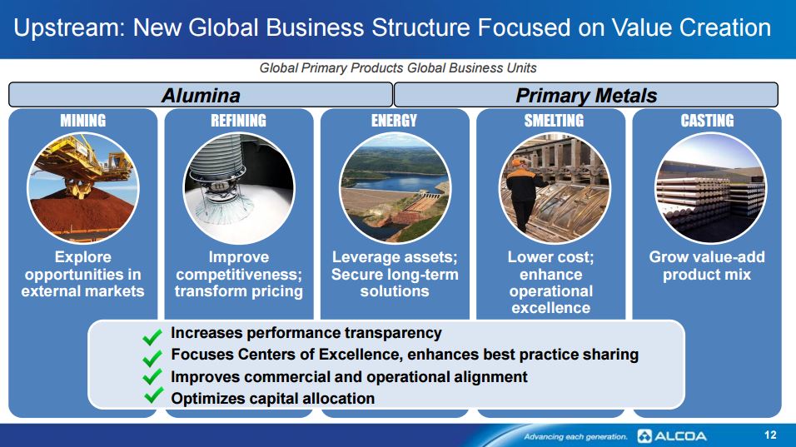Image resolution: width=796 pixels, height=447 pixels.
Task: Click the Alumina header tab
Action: (201, 95)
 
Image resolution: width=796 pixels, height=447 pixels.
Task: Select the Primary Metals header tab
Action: (586, 95)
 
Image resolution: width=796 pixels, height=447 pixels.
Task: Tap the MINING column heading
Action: (82, 121)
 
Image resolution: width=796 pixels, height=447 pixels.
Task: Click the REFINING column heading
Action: (239, 121)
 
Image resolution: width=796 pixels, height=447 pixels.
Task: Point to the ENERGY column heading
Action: (395, 121)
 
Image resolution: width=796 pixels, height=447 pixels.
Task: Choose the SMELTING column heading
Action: (554, 121)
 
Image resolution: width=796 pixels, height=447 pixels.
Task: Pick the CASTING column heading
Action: (707, 121)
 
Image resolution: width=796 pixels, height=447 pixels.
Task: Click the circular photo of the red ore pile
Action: (82, 188)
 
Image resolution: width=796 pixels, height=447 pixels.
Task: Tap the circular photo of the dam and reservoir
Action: (395, 188)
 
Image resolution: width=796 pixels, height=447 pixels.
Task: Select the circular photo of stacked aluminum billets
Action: (711, 188)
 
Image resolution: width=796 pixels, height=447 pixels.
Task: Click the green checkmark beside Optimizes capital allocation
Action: (153, 395)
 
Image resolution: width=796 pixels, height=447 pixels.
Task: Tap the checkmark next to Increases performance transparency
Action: (152, 336)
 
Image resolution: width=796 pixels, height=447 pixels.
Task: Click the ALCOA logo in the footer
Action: (672, 436)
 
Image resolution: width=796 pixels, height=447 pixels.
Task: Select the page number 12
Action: (770, 435)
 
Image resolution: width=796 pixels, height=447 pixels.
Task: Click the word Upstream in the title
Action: (69, 28)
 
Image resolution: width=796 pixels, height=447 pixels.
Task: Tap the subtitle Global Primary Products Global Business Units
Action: (398, 68)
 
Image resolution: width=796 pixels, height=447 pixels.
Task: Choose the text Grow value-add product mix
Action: (707, 266)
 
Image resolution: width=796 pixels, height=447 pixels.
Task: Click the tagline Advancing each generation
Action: (575, 436)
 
